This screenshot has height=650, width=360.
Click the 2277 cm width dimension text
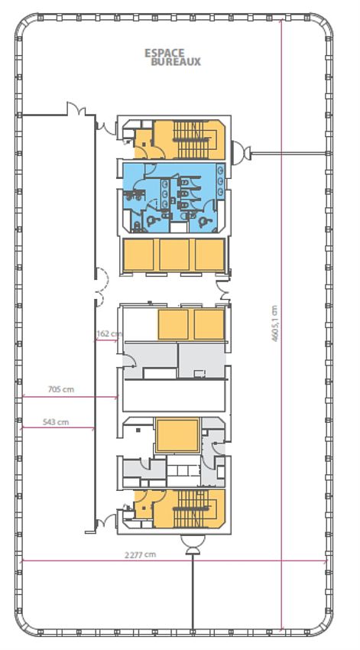(x=140, y=554)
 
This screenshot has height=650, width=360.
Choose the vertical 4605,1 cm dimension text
(x=274, y=325)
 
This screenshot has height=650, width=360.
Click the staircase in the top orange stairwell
(x=191, y=140)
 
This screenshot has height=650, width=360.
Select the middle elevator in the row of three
(x=175, y=255)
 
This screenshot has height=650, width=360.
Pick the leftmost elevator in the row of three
(x=140, y=255)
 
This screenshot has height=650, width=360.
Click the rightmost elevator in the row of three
(x=209, y=255)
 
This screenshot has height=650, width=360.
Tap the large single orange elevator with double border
(x=176, y=436)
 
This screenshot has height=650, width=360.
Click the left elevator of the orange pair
(x=174, y=324)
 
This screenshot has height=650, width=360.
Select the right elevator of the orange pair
(x=209, y=324)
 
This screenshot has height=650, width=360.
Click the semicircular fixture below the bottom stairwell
(x=193, y=545)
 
